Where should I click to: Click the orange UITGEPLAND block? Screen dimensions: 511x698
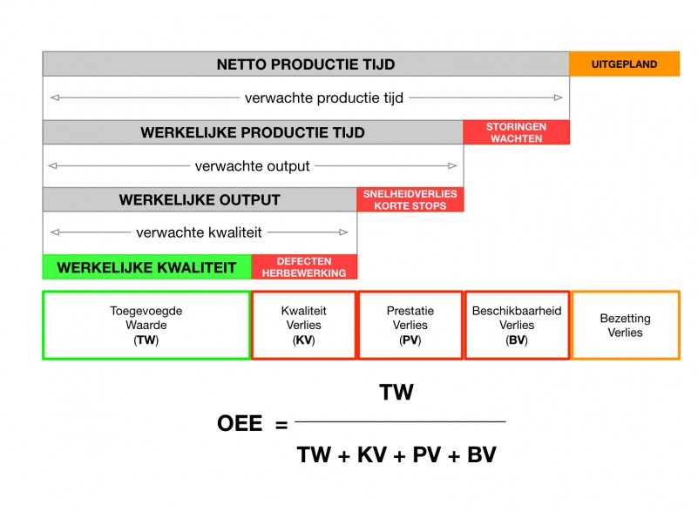point(624,64)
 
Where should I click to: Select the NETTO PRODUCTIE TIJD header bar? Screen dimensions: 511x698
point(305,64)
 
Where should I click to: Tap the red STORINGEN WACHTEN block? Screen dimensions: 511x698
point(516,132)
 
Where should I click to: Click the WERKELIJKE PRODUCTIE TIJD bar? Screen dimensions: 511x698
point(252,132)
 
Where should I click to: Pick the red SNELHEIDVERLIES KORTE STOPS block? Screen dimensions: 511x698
point(410,199)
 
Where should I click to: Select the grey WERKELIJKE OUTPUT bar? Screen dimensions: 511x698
point(200,199)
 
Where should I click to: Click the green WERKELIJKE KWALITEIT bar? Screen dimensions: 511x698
point(146,267)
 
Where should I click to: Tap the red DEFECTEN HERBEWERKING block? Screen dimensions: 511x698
point(304,267)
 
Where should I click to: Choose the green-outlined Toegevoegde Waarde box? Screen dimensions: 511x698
point(146,325)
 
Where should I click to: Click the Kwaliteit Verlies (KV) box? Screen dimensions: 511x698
point(303,325)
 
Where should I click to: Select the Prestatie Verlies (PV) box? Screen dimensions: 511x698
point(410,325)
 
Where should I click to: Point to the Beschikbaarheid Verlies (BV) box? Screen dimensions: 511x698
point(517,325)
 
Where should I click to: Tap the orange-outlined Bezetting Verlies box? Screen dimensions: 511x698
point(625,325)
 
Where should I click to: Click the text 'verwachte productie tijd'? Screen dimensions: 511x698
point(324,97)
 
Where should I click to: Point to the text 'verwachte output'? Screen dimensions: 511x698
point(252,165)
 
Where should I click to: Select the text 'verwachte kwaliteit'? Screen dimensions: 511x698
point(199,232)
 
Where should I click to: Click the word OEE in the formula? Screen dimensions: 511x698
point(240,424)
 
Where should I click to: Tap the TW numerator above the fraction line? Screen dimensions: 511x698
point(396,393)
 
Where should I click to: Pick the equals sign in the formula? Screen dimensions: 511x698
point(281,425)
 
